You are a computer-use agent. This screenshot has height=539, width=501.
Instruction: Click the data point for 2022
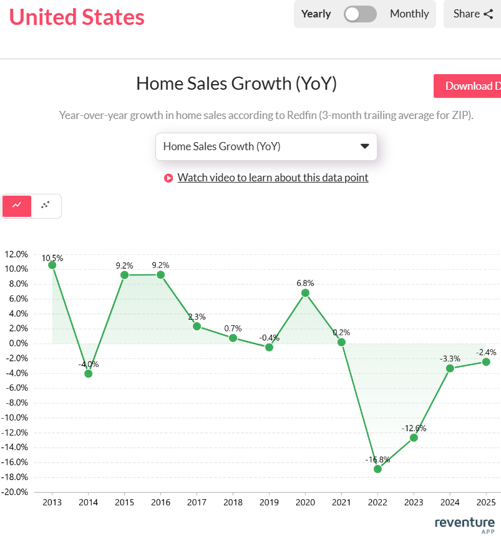click(x=377, y=469)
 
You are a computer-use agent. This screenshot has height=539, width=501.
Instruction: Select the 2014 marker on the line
click(x=89, y=373)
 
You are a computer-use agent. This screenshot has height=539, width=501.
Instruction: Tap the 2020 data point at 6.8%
click(x=305, y=293)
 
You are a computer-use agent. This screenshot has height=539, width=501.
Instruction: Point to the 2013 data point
click(x=52, y=265)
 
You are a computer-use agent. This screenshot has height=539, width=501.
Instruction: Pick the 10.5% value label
click(x=52, y=257)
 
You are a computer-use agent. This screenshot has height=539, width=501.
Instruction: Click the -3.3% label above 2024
click(x=450, y=358)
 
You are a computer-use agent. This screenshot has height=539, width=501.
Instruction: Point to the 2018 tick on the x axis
click(x=233, y=502)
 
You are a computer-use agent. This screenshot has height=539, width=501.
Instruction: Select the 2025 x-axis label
click(x=486, y=502)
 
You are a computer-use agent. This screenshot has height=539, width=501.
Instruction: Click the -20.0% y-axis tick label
click(x=16, y=492)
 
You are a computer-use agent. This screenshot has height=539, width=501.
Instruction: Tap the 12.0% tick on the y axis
click(x=16, y=254)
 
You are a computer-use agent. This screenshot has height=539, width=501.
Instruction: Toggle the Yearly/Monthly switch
click(x=361, y=14)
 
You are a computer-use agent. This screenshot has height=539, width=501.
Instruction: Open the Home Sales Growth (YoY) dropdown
click(x=266, y=146)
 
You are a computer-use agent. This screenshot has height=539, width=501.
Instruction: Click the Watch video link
click(x=273, y=178)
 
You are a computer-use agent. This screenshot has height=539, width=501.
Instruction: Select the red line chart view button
click(x=17, y=205)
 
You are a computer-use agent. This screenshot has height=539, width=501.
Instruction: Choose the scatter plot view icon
click(x=46, y=205)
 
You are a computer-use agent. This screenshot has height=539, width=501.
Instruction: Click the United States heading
click(x=77, y=17)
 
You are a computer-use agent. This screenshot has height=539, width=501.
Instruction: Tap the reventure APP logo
click(x=465, y=524)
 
